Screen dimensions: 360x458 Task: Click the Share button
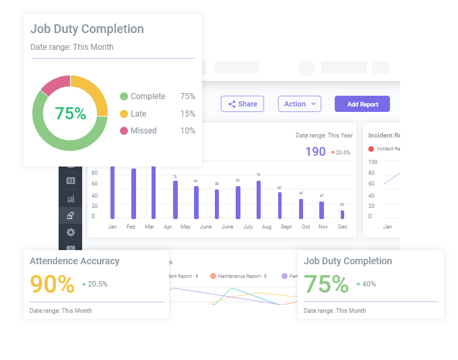point(242,104)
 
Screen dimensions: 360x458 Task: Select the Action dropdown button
point(299,104)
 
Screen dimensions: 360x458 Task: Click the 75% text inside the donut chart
point(70,114)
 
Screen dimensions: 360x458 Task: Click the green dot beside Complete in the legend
point(123,96)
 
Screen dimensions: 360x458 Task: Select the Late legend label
point(138,114)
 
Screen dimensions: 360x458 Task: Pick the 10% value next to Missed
point(187,131)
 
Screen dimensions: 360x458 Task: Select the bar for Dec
point(342,214)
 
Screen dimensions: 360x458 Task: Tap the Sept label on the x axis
point(286,227)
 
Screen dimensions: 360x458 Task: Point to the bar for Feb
point(133,193)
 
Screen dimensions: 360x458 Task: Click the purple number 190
point(315,152)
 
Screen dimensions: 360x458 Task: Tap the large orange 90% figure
point(53,284)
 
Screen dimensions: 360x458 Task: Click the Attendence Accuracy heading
point(75,261)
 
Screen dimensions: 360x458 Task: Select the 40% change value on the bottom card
point(368,284)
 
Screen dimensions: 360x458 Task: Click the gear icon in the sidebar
point(71,232)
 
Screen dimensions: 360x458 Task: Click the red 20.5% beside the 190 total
point(341,152)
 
